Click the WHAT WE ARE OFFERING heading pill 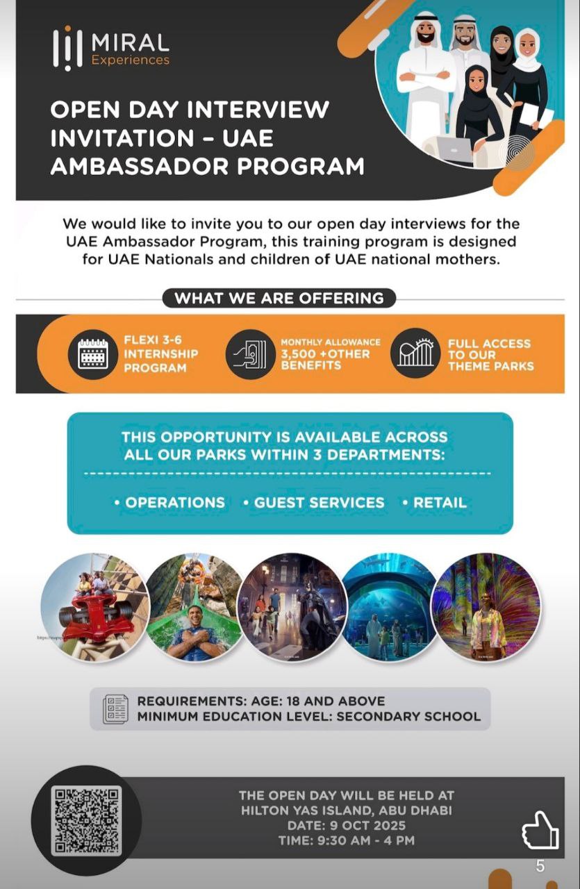279,298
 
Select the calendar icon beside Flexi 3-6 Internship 92,354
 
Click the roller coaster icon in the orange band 415,354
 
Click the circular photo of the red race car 95,607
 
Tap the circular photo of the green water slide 195,607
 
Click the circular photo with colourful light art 486,607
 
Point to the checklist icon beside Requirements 115,708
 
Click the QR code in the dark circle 87,820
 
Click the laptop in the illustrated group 455,148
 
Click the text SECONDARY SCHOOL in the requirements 408,716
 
